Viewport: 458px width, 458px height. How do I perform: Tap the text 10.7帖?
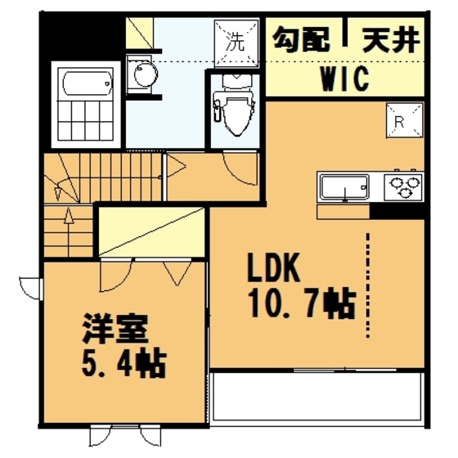(x=300, y=303)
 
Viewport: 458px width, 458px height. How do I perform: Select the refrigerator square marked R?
(x=405, y=121)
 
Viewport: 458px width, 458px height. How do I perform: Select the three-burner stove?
(x=404, y=187)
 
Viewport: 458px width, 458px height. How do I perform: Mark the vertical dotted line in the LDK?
(x=369, y=282)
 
